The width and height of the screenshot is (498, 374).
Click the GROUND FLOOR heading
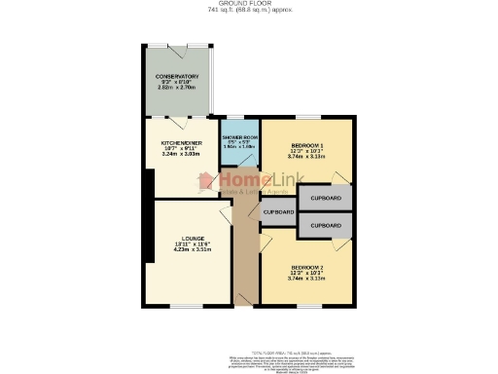tap(248, 4)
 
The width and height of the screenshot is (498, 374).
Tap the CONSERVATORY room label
tap(177, 76)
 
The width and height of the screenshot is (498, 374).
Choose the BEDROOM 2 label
tap(308, 266)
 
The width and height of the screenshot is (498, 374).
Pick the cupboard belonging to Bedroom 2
tap(327, 226)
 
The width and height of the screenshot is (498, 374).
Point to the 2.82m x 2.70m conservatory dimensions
tap(177, 89)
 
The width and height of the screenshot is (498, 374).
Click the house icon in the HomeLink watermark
tap(206, 181)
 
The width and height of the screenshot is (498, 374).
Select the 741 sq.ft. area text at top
tap(248, 11)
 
